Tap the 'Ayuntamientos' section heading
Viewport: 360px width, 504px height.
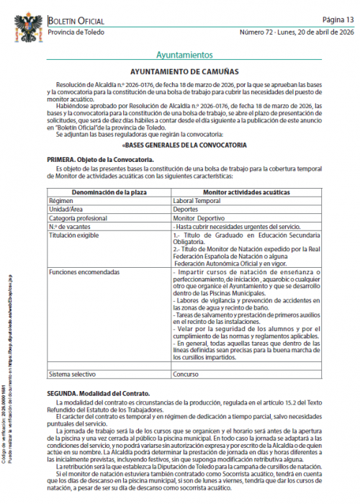click(x=184, y=55)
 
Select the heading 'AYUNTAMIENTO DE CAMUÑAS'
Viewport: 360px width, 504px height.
click(x=185, y=73)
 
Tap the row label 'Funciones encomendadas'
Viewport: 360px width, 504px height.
click(x=83, y=273)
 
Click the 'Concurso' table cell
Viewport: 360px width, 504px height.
click(x=187, y=374)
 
